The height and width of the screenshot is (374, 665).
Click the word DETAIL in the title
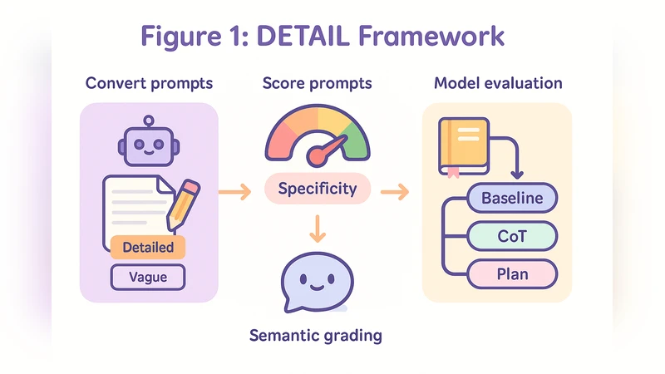click(x=316, y=37)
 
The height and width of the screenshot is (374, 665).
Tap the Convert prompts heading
click(x=149, y=84)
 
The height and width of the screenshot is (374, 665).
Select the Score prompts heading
click(x=317, y=84)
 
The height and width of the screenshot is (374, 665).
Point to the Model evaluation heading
click(x=498, y=84)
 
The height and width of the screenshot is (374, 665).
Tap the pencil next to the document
click(x=184, y=204)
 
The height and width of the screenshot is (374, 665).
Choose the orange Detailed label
click(x=148, y=247)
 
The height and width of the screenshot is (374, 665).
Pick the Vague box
click(x=148, y=277)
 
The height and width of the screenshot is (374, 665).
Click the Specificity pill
click(x=317, y=189)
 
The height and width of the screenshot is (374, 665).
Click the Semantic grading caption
click(x=316, y=336)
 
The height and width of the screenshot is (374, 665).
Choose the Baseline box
click(x=512, y=199)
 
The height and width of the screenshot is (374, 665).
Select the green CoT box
click(x=512, y=236)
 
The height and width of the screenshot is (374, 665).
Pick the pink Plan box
click(x=512, y=274)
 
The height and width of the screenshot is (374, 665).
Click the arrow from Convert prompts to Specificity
click(x=234, y=193)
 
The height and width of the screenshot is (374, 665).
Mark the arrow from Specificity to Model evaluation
click(x=395, y=193)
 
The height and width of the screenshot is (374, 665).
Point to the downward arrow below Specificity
click(x=317, y=228)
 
